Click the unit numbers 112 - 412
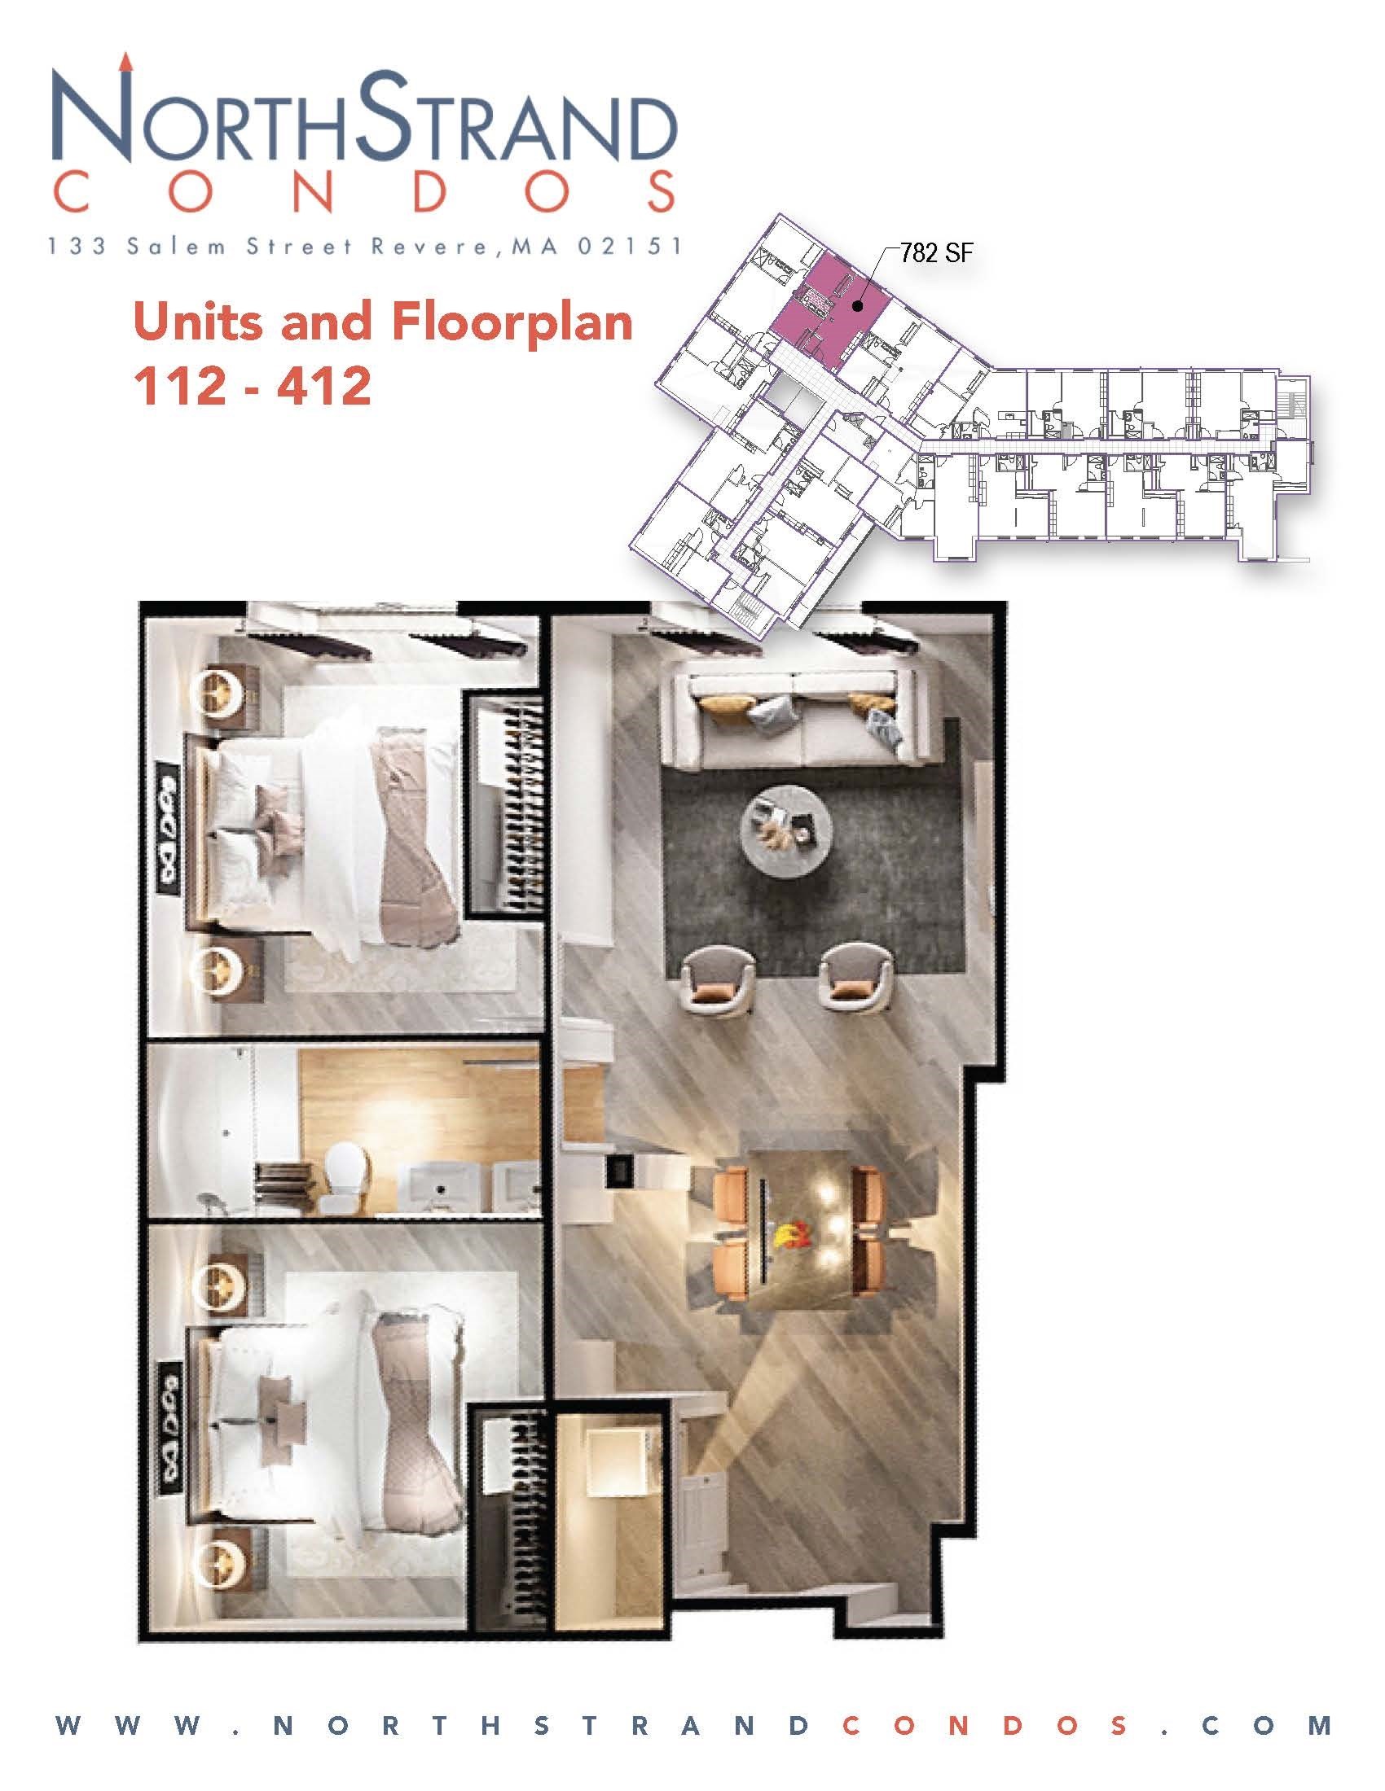pyautogui.click(x=252, y=385)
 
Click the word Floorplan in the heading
pyautogui.click(x=513, y=322)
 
